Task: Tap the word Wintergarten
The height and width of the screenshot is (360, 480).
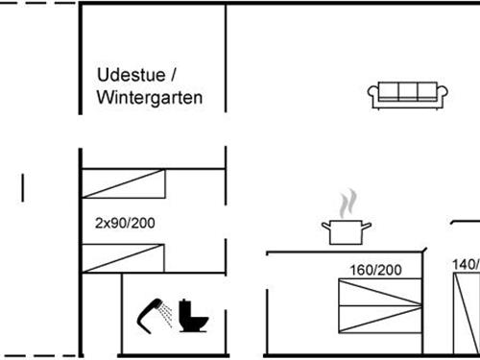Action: (150, 98)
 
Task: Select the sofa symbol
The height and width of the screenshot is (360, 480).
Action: (408, 93)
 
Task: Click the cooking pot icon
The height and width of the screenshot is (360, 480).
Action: (347, 231)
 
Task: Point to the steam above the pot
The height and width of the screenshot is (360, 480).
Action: (348, 203)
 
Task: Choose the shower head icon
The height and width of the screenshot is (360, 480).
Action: (152, 312)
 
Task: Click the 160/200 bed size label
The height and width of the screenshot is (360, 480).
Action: (376, 270)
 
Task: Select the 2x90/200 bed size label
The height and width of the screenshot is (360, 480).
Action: (125, 223)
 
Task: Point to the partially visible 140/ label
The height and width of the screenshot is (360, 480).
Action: (466, 264)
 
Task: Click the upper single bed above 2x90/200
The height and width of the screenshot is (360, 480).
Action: (124, 183)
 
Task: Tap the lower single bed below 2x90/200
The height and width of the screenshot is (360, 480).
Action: (124, 257)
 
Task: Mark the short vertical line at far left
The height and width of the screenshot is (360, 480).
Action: (22, 186)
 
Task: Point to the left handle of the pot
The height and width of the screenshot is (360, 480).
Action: (324, 226)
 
